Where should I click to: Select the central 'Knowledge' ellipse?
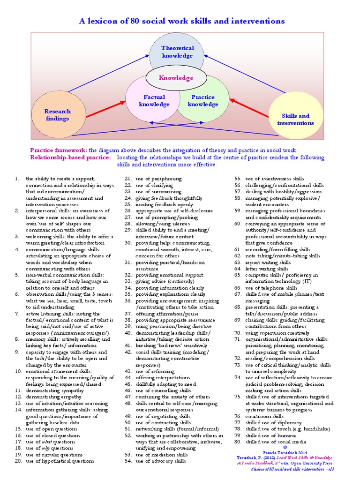coord(176,78)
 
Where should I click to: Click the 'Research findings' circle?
coord(57,115)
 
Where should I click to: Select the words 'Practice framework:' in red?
coord(59,150)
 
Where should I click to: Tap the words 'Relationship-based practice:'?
coord(71,157)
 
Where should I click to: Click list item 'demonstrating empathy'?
coord(48,397)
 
